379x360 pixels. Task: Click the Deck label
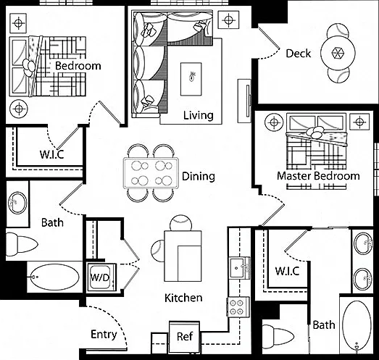pos(299,54)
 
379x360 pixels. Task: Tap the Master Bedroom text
pos(318,176)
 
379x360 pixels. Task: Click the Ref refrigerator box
pos(184,337)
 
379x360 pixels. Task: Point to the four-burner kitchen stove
pos(238,307)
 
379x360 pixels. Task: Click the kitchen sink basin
pos(237,268)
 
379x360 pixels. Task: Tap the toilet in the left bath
pos(21,244)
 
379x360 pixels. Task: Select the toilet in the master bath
pos(278,337)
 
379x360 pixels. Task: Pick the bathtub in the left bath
pos(55,277)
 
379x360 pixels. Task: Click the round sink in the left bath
pos(17,203)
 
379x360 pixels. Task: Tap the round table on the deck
pos(338,53)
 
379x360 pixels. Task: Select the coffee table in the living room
pos(191,79)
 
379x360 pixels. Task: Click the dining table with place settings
pos(151,173)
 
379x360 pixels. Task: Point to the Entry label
pos(104,335)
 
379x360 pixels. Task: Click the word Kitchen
pos(183,298)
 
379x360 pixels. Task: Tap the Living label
pos(199,115)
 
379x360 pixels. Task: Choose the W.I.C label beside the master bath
pos(288,271)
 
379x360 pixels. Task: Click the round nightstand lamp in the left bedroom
pos(19,109)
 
